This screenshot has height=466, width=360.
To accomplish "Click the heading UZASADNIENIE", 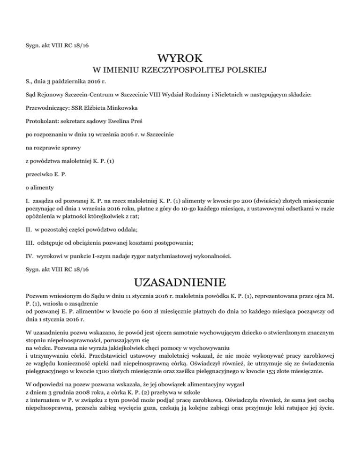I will tap(180, 284).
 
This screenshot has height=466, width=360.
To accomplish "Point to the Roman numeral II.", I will tap(29, 230).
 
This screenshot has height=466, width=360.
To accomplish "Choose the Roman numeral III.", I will tap(30, 243).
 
